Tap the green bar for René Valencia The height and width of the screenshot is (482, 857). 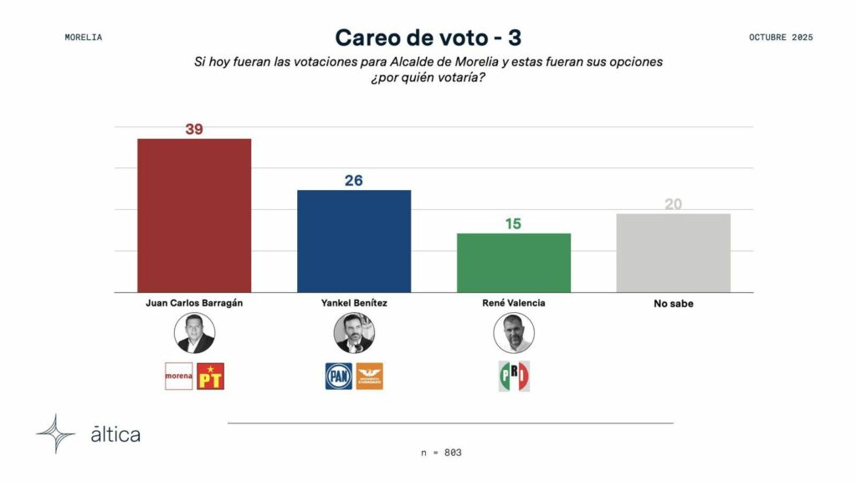click(513, 263)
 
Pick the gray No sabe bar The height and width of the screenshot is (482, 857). click(673, 253)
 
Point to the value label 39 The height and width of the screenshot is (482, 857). click(194, 130)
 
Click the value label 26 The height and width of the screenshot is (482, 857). click(353, 181)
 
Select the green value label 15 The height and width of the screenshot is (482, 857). click(513, 224)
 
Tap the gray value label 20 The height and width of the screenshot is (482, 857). click(673, 204)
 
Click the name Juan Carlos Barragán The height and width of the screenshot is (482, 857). click(194, 303)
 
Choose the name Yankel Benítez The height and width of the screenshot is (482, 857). click(353, 303)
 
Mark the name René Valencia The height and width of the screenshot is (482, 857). click(513, 303)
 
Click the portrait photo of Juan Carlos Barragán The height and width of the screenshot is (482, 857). click(194, 333)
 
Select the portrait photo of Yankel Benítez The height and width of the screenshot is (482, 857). click(354, 333)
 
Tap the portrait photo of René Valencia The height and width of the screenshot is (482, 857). click(513, 333)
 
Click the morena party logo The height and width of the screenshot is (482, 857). click(178, 377)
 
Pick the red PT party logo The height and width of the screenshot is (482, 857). click(210, 377)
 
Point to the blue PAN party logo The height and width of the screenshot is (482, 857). click(338, 377)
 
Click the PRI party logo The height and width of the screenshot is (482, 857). click(513, 377)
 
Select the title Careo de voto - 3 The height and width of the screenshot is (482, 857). click(428, 38)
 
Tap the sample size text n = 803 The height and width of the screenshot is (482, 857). click(441, 453)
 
